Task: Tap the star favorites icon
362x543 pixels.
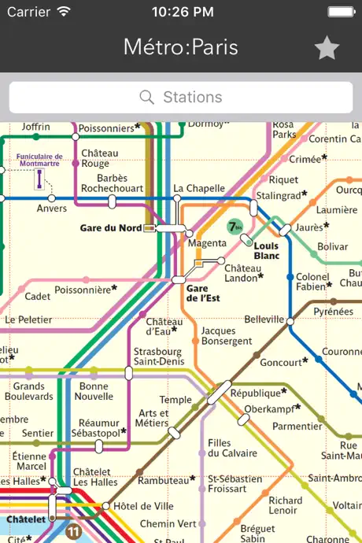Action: [327, 48]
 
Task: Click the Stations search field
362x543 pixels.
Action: [181, 98]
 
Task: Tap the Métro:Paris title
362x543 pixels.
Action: [181, 47]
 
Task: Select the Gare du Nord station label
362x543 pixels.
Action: [111, 228]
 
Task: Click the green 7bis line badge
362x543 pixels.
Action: [235, 227]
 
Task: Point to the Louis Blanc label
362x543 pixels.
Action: [267, 250]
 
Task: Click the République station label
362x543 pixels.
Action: [257, 393]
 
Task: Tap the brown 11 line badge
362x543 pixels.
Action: [74, 532]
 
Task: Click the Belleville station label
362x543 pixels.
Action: [264, 320]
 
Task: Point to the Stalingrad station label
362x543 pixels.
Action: [279, 195]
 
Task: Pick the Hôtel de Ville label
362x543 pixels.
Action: [143, 505]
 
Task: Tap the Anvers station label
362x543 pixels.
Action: [52, 209]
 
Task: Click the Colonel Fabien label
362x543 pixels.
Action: [312, 282]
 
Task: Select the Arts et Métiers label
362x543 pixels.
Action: [153, 419]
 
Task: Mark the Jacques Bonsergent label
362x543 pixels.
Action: [227, 336]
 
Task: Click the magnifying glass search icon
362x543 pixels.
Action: [146, 98]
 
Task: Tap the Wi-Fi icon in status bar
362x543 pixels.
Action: [64, 12]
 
